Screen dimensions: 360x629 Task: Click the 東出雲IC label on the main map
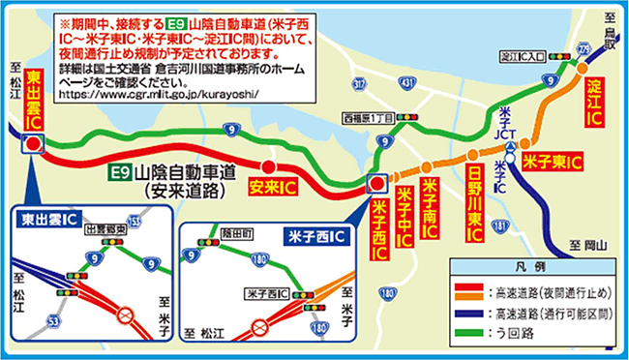pos(33,100)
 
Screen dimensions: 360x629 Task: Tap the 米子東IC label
pos(551,161)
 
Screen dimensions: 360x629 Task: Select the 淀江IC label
pos(594,101)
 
